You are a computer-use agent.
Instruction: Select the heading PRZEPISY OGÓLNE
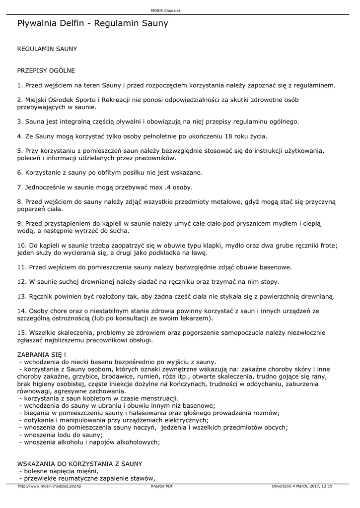(x=46, y=70)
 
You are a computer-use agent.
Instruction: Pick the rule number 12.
(x=22, y=282)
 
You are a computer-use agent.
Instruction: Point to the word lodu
(x=63, y=435)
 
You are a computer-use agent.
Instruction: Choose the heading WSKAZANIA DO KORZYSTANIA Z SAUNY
(x=79, y=463)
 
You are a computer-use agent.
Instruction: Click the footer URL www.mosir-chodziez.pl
(x=49, y=487)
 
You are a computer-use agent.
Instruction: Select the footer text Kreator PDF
(x=162, y=487)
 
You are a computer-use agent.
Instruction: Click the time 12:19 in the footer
(x=327, y=487)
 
